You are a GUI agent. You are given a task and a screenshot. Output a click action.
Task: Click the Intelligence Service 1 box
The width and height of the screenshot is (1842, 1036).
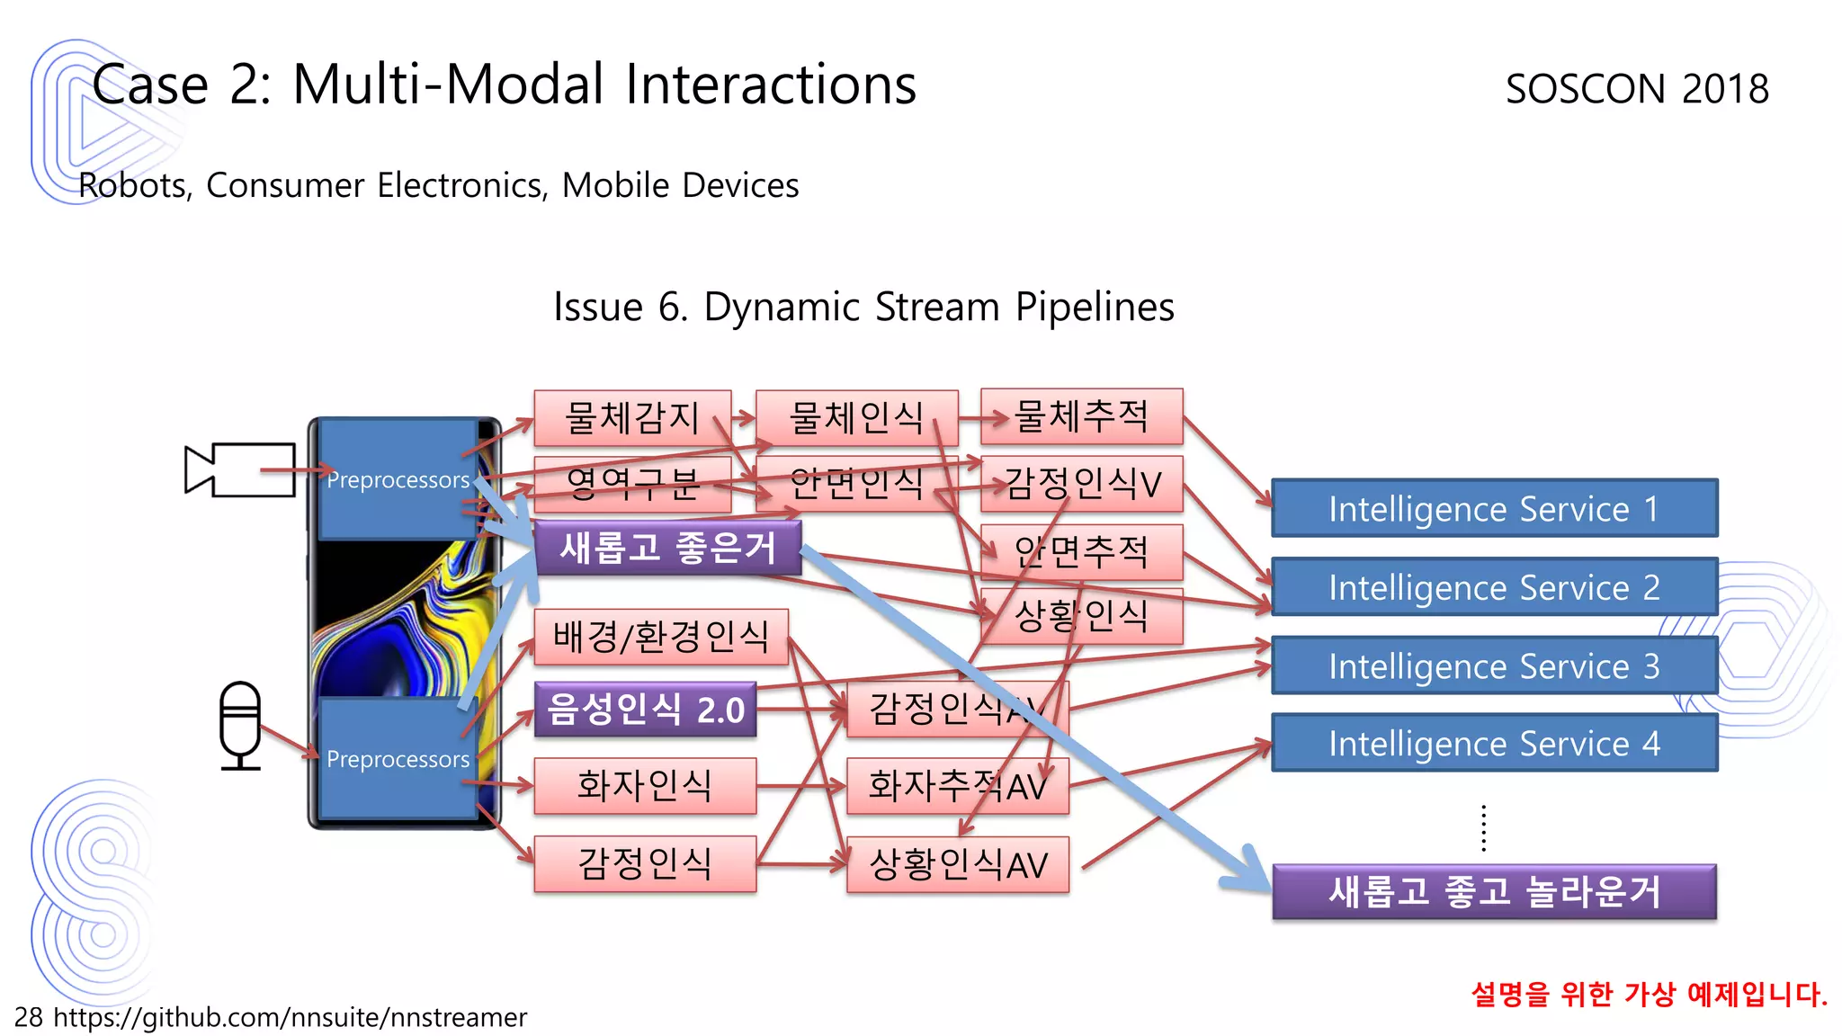point(1494,508)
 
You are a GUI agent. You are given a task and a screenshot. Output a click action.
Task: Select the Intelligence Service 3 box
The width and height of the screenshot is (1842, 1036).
point(1494,665)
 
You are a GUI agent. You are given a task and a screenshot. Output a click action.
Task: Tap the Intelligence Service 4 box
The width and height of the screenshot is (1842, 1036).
point(1494,743)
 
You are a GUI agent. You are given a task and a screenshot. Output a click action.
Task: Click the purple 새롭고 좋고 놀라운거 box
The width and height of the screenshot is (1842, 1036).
point(1494,891)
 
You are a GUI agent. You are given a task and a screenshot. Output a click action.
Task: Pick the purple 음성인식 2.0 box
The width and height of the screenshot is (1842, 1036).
point(645,710)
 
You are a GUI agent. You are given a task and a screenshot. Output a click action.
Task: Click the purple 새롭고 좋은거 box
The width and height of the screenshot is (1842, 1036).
point(666,547)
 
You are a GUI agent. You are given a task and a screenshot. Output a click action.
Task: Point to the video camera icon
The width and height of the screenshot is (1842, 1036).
point(239,469)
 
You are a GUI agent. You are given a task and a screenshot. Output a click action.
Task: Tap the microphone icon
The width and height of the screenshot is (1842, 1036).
point(240,725)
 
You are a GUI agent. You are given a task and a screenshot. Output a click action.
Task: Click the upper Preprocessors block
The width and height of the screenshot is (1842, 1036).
point(398,478)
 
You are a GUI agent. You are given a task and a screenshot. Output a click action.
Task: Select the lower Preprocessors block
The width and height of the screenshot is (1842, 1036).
point(398,758)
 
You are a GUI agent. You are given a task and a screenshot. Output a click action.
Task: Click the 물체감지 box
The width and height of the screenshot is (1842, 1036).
point(631,417)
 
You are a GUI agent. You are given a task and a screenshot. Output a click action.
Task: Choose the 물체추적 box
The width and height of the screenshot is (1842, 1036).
point(1080,416)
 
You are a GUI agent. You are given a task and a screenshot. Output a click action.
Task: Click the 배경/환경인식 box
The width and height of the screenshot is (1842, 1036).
point(660,637)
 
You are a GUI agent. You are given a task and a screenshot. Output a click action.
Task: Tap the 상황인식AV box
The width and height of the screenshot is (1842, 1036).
point(957,864)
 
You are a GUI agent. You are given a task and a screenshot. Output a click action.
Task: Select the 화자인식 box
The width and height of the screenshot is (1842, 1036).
point(644,785)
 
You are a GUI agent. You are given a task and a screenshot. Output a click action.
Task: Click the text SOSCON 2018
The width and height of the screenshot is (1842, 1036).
point(1636,89)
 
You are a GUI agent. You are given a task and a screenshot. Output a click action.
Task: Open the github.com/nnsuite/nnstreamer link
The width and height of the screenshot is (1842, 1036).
point(290,1017)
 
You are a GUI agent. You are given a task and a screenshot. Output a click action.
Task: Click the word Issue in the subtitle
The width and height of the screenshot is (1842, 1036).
point(597,307)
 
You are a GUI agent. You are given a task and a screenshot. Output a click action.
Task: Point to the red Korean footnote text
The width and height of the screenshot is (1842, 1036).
point(1648,994)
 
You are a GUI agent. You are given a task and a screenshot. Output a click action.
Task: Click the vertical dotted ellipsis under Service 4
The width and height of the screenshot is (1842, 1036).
point(1483,827)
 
